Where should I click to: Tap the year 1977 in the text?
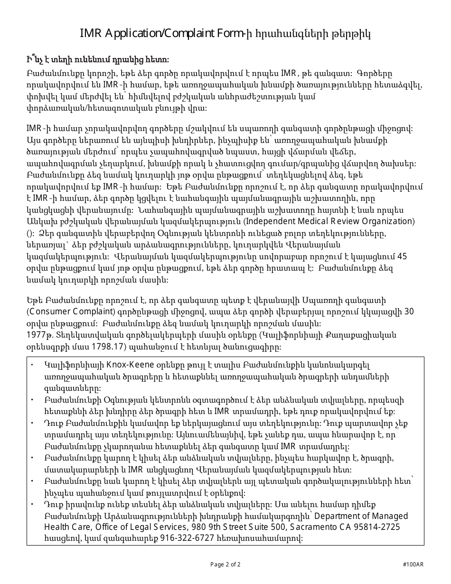[35, 335]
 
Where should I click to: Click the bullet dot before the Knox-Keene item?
[32, 365]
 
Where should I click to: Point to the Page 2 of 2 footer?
[225, 565]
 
